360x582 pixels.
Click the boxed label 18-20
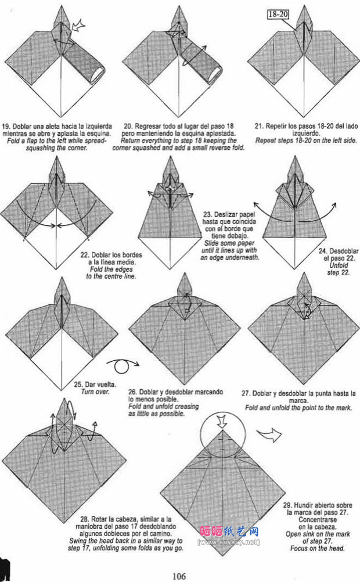[278, 15]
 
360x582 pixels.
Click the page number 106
[179, 576]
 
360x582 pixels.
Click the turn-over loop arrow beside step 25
[123, 365]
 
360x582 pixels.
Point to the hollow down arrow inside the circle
[222, 421]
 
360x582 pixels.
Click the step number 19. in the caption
[6, 126]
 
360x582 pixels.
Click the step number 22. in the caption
[85, 255]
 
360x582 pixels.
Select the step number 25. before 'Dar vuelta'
[78, 385]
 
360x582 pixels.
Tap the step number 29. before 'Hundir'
[287, 505]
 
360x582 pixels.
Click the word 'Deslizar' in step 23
[225, 214]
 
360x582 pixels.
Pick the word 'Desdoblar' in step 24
[344, 251]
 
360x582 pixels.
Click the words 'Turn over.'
[95, 391]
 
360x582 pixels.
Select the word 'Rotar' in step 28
[100, 519]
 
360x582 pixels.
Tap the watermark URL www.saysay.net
[229, 543]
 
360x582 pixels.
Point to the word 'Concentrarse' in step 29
[317, 520]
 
